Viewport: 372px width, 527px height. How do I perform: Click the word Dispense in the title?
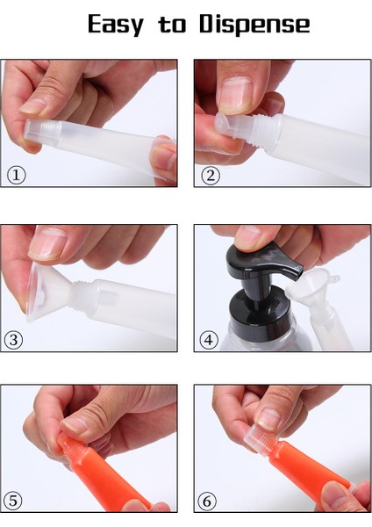(x=254, y=25)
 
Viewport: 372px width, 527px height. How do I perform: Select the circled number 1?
(x=17, y=174)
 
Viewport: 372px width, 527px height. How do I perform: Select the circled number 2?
(x=211, y=174)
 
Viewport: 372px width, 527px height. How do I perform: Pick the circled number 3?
(x=17, y=338)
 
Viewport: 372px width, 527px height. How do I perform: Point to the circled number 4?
(x=211, y=338)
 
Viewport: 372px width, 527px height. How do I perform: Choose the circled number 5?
(x=17, y=500)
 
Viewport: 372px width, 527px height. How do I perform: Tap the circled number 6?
(x=211, y=500)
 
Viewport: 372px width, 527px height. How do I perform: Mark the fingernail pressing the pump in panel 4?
(x=250, y=235)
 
